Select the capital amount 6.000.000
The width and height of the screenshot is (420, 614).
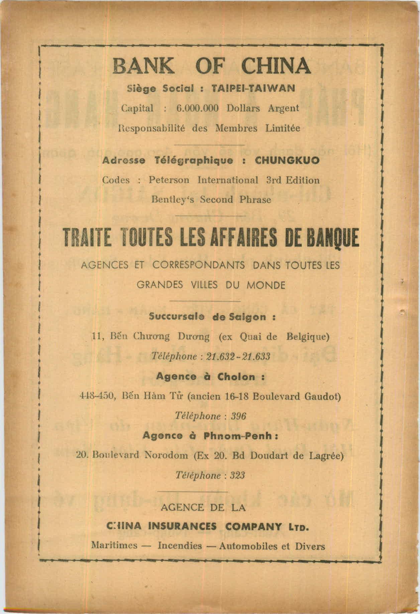point(197,108)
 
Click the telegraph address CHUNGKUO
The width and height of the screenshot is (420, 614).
point(287,161)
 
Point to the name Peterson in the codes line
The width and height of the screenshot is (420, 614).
point(169,180)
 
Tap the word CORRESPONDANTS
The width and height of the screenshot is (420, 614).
point(199,266)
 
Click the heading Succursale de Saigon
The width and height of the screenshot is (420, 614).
point(212,316)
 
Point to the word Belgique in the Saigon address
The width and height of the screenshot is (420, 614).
point(308,336)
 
